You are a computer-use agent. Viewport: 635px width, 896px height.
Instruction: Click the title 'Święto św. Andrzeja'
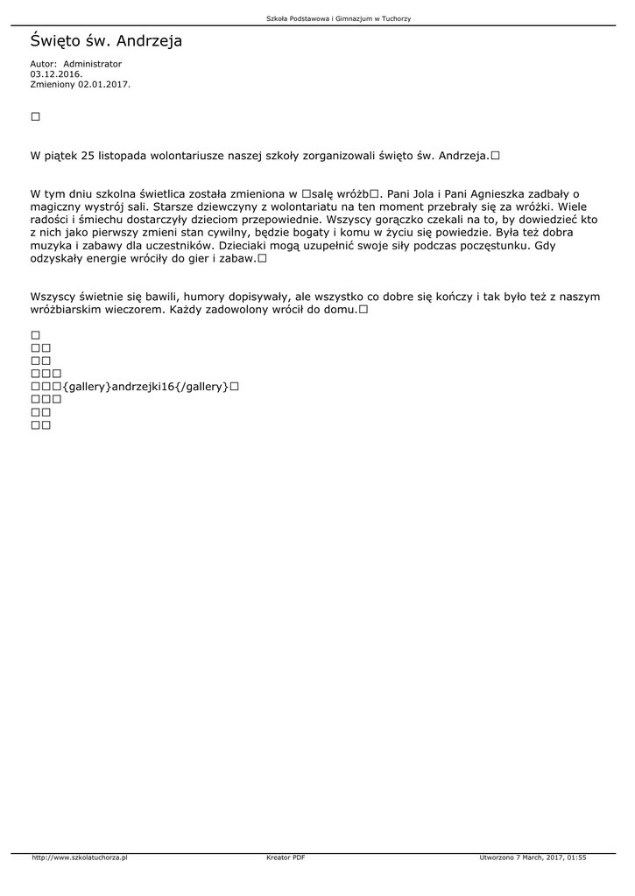pos(106,40)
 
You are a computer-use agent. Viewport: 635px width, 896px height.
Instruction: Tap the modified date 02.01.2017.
pos(104,85)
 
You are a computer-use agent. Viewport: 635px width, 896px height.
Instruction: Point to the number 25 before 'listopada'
pos(87,156)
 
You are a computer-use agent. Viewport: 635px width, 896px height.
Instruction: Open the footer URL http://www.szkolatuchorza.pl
pos(80,857)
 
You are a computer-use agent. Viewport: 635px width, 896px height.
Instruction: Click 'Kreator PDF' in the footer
pos(286,857)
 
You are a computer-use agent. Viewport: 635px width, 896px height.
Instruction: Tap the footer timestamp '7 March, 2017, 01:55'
pos(547,857)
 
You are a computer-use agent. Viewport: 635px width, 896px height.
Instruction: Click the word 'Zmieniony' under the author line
pos(52,85)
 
